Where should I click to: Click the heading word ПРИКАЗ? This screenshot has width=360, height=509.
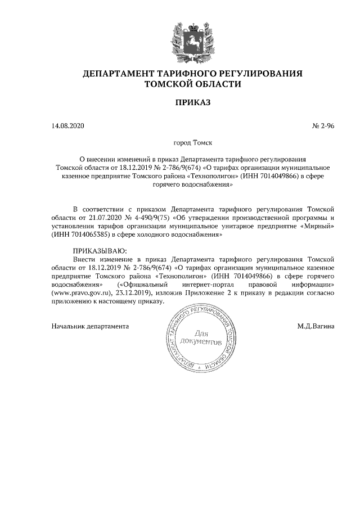tap(192, 102)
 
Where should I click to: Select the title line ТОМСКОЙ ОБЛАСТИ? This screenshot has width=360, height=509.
tap(192, 84)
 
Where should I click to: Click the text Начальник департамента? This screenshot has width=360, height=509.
tap(90, 326)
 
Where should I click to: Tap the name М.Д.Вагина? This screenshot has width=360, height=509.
tap(316, 326)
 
